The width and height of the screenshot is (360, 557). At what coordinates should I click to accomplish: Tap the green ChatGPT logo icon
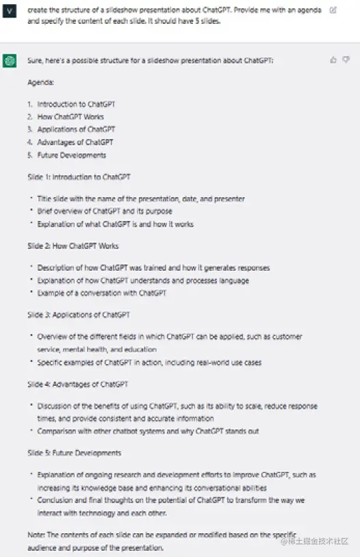coord(10,61)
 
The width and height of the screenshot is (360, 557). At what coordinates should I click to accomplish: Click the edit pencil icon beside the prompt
coord(333,10)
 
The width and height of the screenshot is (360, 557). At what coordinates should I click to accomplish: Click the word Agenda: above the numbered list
coord(41,82)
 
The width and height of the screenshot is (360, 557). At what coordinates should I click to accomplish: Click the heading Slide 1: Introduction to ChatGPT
coord(78,177)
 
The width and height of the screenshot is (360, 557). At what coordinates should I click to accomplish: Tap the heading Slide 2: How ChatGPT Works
coord(73,245)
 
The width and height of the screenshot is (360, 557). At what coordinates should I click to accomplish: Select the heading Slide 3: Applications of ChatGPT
coord(78,315)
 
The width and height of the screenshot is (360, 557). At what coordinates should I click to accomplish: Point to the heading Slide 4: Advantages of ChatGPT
coord(77,385)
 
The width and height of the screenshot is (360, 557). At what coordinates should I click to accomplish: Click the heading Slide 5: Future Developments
coord(74,453)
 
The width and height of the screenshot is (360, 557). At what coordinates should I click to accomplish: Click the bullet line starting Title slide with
coord(140,199)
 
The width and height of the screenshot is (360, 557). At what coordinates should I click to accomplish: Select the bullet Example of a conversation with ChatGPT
coord(102,293)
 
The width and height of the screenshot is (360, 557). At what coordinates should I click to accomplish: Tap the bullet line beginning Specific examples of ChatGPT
coord(149,363)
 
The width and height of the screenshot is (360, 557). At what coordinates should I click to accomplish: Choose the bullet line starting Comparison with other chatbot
coord(147,431)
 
